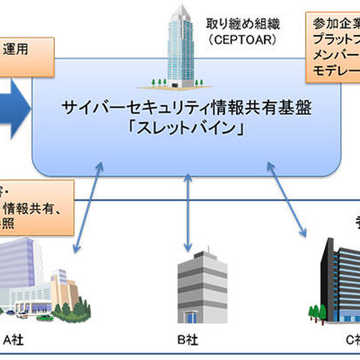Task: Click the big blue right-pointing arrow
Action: (15, 107)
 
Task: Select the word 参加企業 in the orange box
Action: (334, 23)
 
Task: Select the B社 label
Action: (187, 338)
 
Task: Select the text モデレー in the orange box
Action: (334, 70)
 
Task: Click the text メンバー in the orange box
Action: (334, 55)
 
